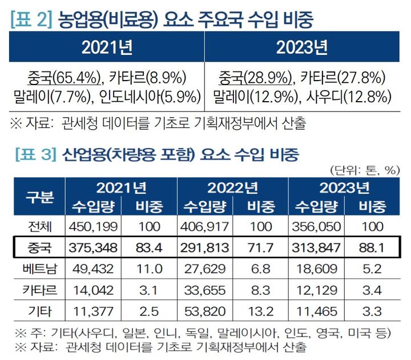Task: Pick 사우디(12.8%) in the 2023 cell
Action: [x=344, y=95]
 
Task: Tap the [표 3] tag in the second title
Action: [x=31, y=154]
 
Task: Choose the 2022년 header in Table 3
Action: [x=233, y=187]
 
